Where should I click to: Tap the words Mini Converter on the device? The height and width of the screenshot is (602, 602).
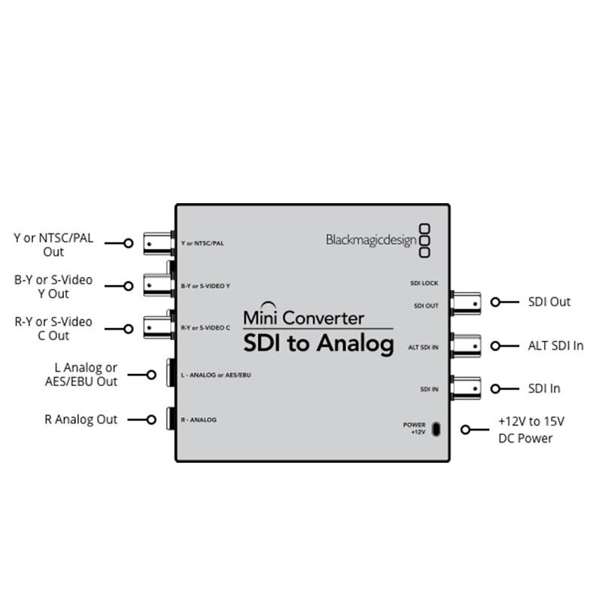point(303,318)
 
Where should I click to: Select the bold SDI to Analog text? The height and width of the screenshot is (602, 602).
point(318,344)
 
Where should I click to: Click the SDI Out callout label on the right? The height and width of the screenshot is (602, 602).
point(549,302)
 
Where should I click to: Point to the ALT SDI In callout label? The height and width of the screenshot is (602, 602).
point(555,345)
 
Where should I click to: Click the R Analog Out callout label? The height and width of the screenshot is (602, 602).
point(81,419)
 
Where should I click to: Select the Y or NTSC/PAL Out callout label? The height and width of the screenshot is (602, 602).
point(53,245)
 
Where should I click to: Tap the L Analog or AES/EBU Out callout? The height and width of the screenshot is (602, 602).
point(81,375)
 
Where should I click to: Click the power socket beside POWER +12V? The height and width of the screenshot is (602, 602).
point(439,429)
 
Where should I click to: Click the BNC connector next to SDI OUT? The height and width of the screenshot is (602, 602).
point(465,302)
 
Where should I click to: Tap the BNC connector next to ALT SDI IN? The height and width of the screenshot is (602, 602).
point(465,345)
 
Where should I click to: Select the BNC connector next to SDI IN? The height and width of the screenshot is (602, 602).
point(465,388)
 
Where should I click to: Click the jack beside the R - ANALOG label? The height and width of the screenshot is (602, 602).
point(171,419)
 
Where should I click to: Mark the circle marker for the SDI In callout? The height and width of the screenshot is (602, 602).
point(495,388)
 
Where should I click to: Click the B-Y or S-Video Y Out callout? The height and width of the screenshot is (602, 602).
point(53,286)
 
